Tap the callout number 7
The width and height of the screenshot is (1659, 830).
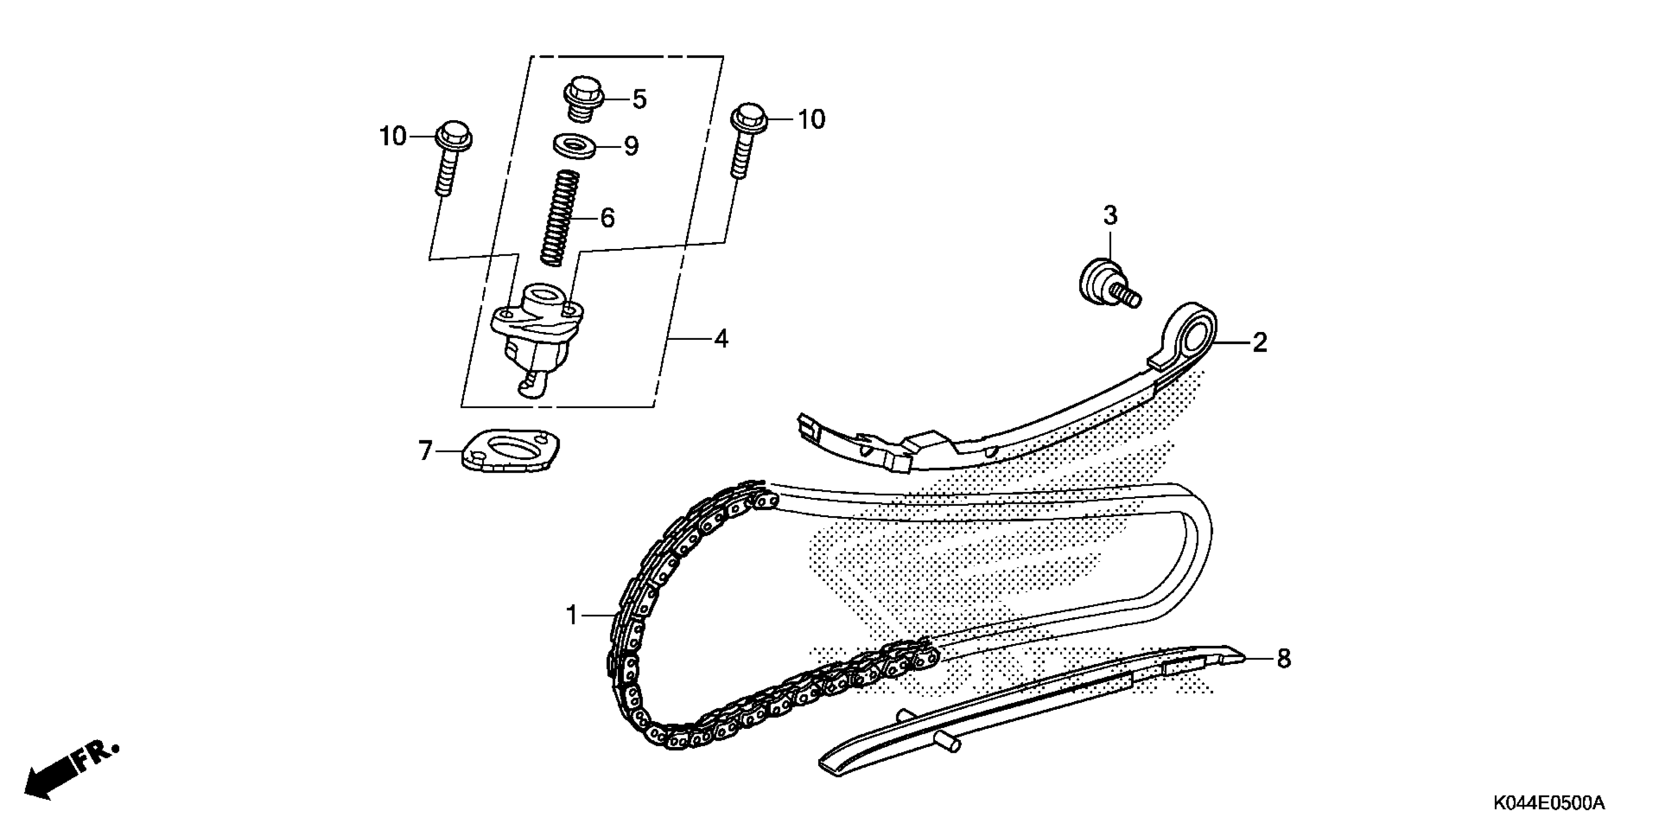tap(425, 451)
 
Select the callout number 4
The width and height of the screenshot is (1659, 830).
tap(721, 338)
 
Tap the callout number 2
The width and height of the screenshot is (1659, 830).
tap(1260, 342)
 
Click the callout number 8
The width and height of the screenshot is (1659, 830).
tap(1284, 659)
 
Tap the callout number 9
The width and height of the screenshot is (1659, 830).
tap(632, 147)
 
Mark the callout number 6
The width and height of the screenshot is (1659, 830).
tap(607, 218)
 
